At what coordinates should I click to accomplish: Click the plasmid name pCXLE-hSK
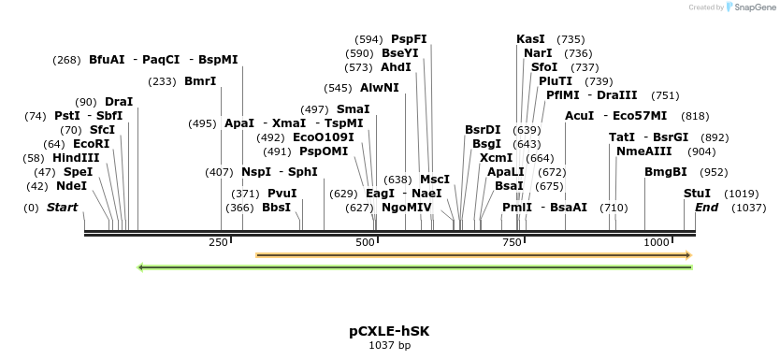click(x=389, y=331)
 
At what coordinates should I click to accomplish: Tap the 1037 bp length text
click(x=389, y=346)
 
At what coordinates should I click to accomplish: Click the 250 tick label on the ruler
click(x=219, y=242)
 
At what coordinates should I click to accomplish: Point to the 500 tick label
click(x=366, y=242)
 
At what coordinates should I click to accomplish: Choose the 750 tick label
click(x=511, y=242)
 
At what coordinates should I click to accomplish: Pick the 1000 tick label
click(x=657, y=242)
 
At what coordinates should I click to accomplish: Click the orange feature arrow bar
click(x=473, y=254)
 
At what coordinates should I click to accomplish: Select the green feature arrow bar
click(x=414, y=267)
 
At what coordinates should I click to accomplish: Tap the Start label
click(x=63, y=207)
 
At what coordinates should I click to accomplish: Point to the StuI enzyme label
click(x=697, y=193)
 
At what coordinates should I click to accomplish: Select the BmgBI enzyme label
click(x=666, y=172)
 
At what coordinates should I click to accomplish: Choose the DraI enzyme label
click(x=119, y=101)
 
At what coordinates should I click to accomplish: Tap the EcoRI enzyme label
click(x=91, y=144)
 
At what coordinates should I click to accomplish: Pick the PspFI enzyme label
click(x=409, y=39)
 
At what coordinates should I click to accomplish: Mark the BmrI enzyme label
click(x=200, y=81)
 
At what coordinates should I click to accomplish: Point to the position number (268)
click(x=65, y=60)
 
